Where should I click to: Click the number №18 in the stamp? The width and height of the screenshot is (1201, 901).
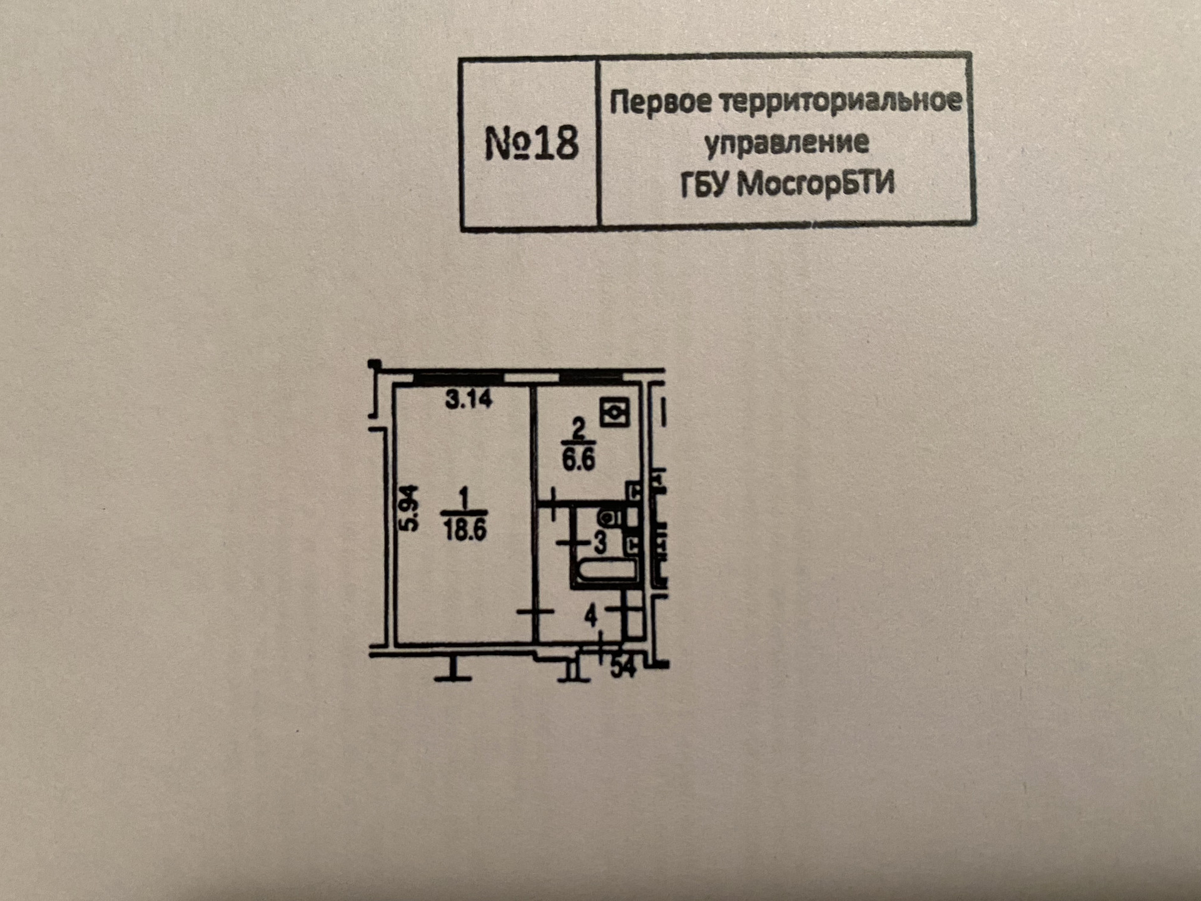(x=532, y=143)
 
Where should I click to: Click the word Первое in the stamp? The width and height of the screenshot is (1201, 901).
(x=660, y=101)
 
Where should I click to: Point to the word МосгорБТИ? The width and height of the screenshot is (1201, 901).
(x=815, y=184)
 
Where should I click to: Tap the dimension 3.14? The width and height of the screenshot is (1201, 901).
(x=469, y=399)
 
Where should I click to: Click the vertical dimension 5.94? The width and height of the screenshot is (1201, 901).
(x=409, y=508)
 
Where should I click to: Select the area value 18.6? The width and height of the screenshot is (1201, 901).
(x=465, y=530)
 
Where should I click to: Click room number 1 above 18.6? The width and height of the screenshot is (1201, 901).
(x=464, y=499)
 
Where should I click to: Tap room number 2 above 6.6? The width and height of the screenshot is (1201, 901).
(x=579, y=430)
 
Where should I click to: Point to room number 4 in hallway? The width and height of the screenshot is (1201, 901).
(x=591, y=617)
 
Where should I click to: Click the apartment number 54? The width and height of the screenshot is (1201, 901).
(x=623, y=668)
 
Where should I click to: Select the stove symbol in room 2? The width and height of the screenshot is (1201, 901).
(x=614, y=412)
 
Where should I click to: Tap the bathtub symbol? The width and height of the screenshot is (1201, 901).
(x=606, y=571)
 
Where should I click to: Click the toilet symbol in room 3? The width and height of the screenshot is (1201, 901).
(x=609, y=517)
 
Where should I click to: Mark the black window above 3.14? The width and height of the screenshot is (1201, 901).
(x=459, y=378)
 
